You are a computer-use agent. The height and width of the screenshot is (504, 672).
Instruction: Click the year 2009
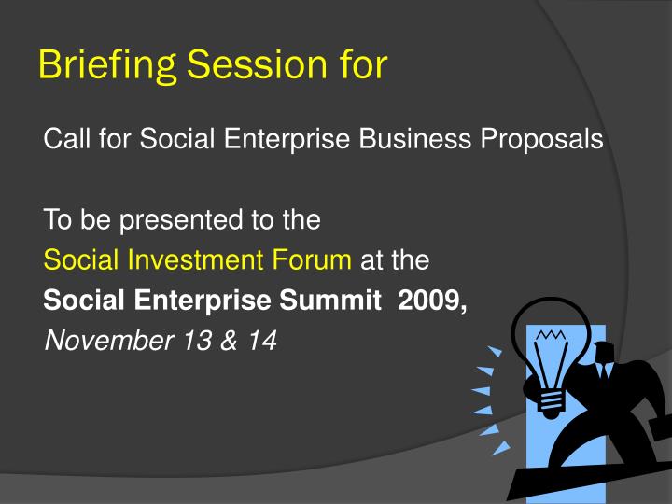(x=431, y=301)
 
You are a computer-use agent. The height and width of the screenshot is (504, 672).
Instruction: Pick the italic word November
(x=105, y=342)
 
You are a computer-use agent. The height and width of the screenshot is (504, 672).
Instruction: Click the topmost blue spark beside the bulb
(x=495, y=352)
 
